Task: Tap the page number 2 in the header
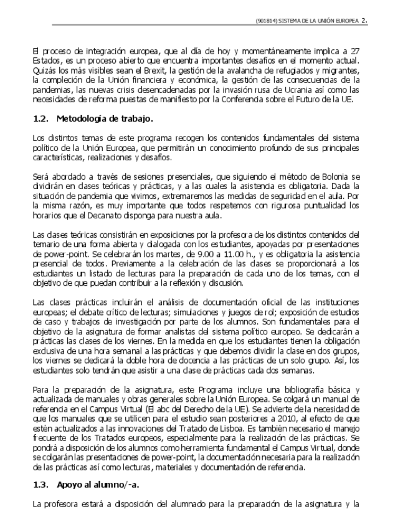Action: point(363,20)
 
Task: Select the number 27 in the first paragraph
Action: point(353,50)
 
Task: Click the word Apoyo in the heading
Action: point(69,484)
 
